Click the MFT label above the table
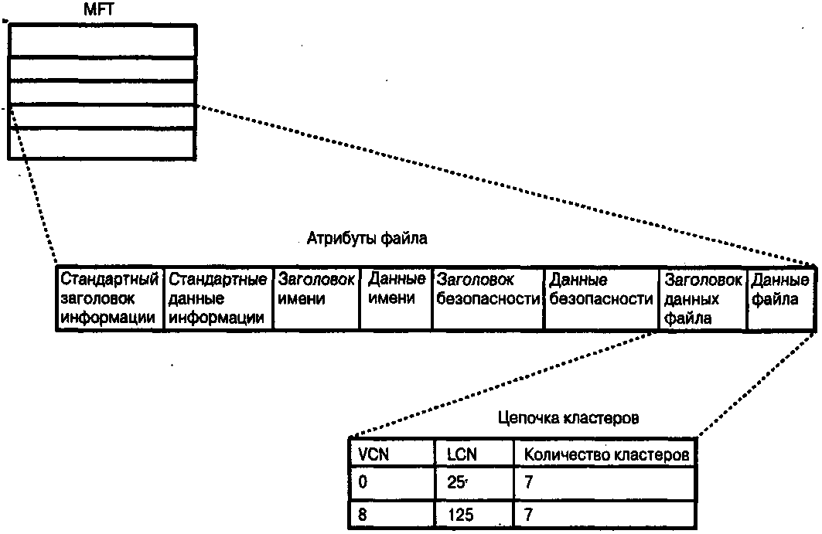101,11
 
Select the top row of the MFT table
101,41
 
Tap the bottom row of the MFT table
101,144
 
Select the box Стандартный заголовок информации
110,298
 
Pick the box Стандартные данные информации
218,298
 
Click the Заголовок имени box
315,298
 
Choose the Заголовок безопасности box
487,298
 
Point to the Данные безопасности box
601,298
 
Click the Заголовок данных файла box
702,298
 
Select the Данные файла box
780,298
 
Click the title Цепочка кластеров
569,418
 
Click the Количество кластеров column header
605,454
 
